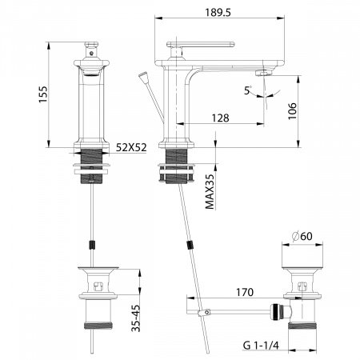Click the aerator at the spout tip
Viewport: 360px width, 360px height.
[x=261, y=74]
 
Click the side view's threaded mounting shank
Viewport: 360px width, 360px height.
[x=177, y=156]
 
